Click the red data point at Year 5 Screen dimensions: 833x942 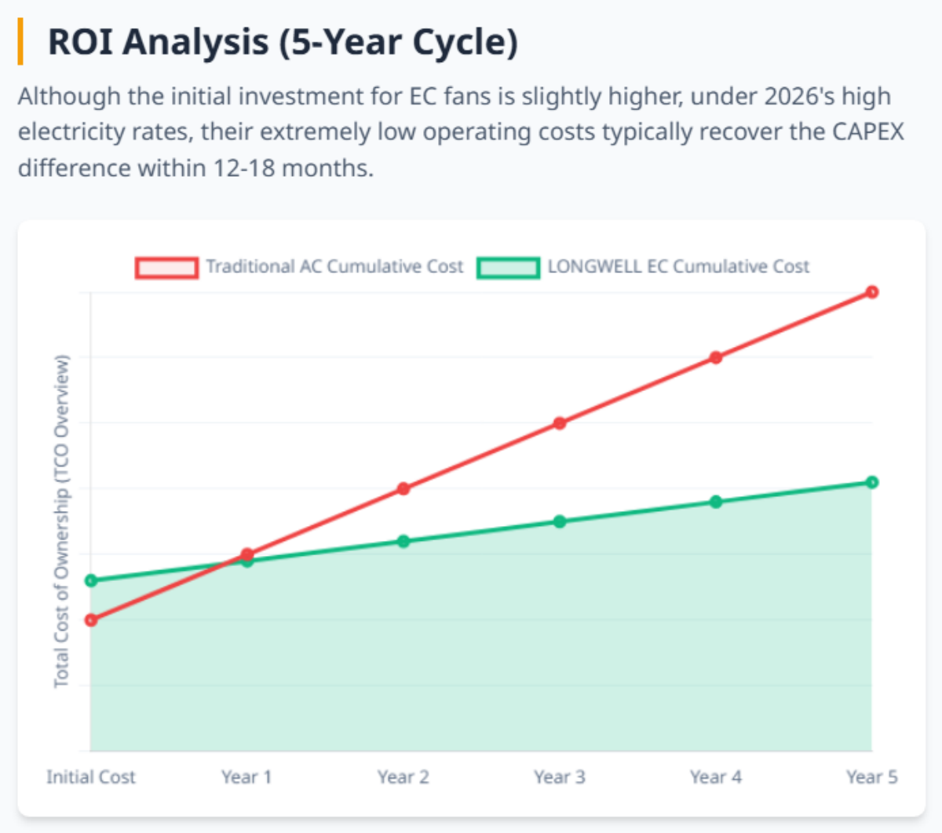pos(871,292)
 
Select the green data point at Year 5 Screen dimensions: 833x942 pos(871,482)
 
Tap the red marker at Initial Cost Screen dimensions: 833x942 pos(91,620)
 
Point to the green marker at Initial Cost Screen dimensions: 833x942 pos(91,581)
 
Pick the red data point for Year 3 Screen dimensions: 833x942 pos(560,423)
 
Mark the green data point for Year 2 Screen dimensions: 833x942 pos(403,541)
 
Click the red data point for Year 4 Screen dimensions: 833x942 pos(716,358)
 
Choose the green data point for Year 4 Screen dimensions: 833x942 pos(716,502)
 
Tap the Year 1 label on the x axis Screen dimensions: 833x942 pos(246,777)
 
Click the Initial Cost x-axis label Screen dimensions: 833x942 pos(91,777)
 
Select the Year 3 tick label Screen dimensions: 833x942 pos(560,777)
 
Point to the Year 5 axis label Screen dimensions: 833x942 pos(871,777)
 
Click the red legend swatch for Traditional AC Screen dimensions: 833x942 pos(166,268)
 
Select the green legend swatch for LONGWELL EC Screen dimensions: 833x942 pos(508,268)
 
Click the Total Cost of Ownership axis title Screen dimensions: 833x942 pos(61,521)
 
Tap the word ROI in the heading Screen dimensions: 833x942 pos(80,42)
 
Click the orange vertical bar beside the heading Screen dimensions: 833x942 pos(20,42)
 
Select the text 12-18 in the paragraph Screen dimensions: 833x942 pos(243,168)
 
